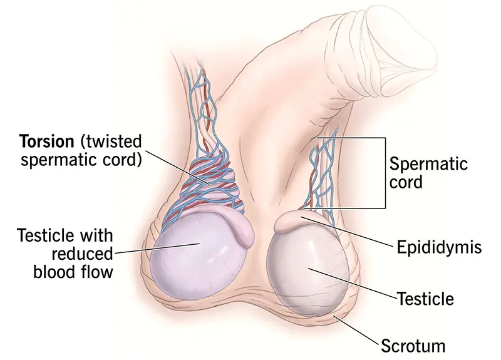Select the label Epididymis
coord(439,247)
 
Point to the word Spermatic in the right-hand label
coord(428,165)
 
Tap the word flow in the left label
coord(98,272)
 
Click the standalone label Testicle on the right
coord(425,297)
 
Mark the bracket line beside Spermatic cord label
coord(383,172)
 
